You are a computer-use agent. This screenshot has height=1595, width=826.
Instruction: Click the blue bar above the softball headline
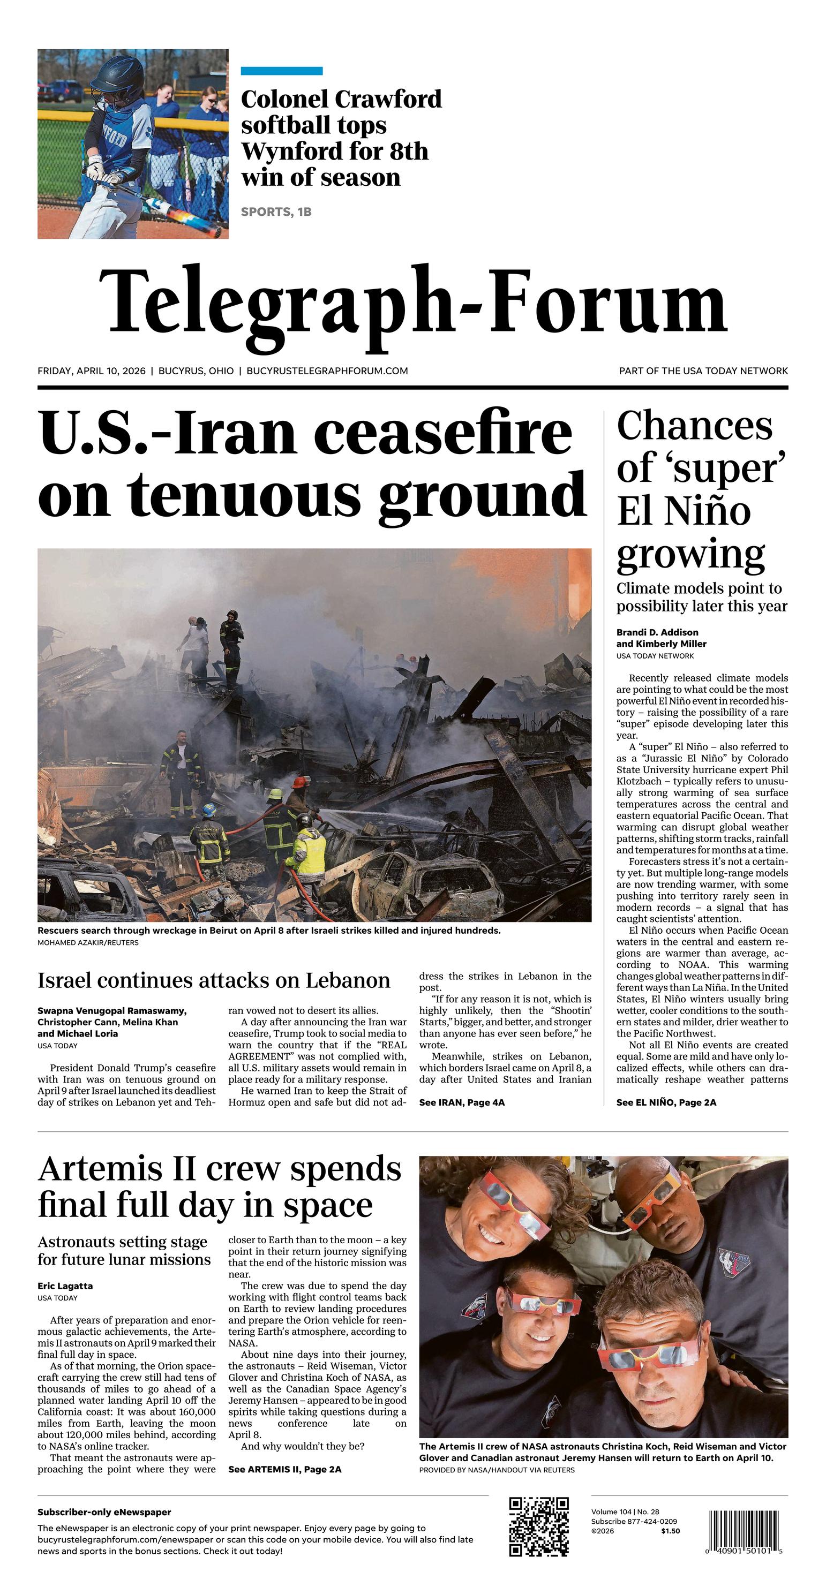281,71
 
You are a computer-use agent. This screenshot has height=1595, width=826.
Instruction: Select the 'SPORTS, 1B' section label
276,212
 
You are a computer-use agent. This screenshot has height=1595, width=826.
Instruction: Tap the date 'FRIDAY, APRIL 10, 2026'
91,371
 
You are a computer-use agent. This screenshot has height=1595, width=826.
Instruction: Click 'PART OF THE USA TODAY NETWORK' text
703,371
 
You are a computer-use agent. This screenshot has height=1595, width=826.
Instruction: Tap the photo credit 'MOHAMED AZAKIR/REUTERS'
88,942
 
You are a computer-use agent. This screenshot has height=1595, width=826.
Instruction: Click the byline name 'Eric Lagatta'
65,1286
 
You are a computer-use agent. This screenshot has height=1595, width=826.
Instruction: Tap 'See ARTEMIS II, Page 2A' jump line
284,1469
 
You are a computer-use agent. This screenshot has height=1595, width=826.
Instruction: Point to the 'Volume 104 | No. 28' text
625,1512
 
